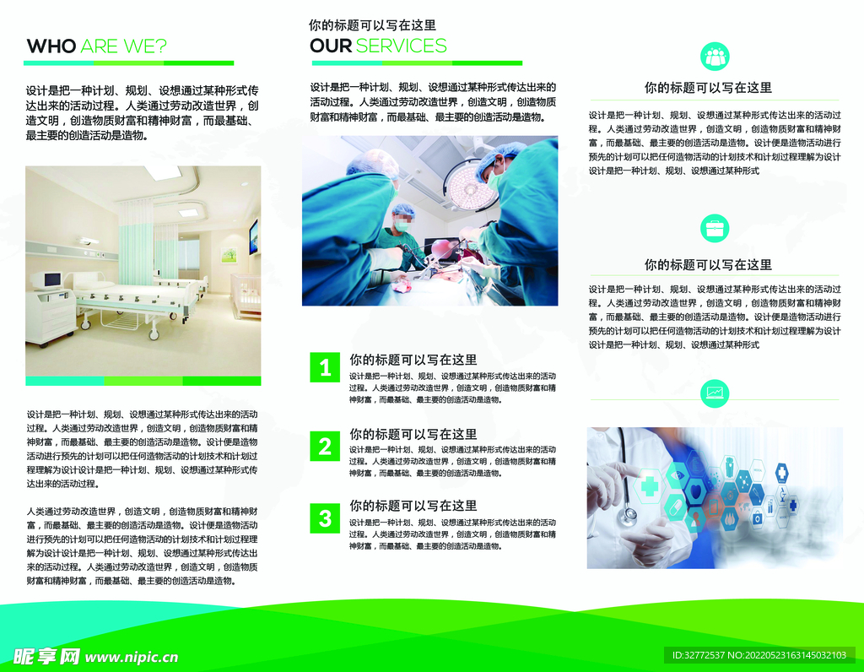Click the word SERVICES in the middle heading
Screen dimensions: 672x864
401,46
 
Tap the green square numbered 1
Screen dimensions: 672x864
325,367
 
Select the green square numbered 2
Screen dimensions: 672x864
325,446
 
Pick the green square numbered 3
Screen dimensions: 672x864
325,518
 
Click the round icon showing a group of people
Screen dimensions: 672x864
715,56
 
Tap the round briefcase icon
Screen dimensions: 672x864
715,228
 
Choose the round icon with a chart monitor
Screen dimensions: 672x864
715,393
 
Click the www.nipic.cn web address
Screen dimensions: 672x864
132,657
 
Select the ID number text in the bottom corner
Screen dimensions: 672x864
759,655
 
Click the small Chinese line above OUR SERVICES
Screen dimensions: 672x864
372,26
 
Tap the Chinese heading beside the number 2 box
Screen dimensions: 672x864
413,434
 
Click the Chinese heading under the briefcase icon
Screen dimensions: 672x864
708,265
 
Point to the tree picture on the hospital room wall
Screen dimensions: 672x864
228,252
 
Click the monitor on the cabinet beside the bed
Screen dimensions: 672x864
51,279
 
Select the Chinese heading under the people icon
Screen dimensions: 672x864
708,88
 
